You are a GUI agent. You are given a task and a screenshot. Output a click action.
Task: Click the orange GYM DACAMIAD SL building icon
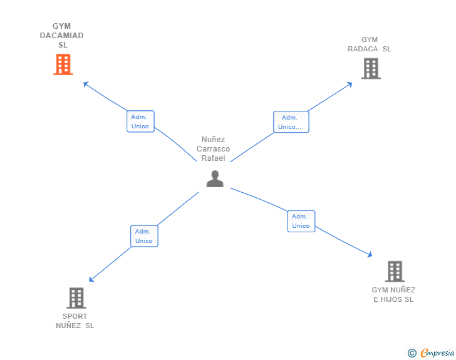pyautogui.click(x=63, y=64)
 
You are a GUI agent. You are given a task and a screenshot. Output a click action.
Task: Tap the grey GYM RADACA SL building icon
pyautogui.click(x=371, y=68)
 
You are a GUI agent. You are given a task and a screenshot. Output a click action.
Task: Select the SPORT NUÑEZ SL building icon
pyautogui.click(x=76, y=298)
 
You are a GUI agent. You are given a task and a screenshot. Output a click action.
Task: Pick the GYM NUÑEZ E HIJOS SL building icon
pyautogui.click(x=394, y=272)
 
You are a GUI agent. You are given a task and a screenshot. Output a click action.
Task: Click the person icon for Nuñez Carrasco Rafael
pyautogui.click(x=215, y=179)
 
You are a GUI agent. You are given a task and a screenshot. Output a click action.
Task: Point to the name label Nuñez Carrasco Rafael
pyautogui.click(x=214, y=149)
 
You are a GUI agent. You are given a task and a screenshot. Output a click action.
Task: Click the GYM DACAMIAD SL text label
pyautogui.click(x=62, y=36)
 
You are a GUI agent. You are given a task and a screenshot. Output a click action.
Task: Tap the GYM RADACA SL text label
pyautogui.click(x=370, y=44)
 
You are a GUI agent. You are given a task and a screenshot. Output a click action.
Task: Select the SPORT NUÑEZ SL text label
pyautogui.click(x=75, y=321)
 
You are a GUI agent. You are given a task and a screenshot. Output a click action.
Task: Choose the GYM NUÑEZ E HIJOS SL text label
pyautogui.click(x=393, y=294)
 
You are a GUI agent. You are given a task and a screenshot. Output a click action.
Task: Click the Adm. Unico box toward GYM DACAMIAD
pyautogui.click(x=140, y=121)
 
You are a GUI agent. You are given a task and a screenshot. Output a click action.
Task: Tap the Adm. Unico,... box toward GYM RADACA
pyautogui.click(x=291, y=122)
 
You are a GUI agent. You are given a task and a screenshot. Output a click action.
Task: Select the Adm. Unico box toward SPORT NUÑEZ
pyautogui.click(x=144, y=236)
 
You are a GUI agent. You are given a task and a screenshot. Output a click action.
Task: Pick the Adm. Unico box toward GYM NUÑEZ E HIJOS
pyautogui.click(x=301, y=221)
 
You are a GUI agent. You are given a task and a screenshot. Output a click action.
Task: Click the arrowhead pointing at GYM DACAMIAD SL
pyautogui.click(x=86, y=83)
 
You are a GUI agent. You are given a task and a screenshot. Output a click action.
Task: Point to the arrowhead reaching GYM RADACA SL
pyautogui.click(x=350, y=84)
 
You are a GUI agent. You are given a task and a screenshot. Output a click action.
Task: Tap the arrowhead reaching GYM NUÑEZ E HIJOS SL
pyautogui.click(x=370, y=254)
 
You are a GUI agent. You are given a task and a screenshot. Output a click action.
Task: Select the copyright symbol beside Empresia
pyautogui.click(x=412, y=353)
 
